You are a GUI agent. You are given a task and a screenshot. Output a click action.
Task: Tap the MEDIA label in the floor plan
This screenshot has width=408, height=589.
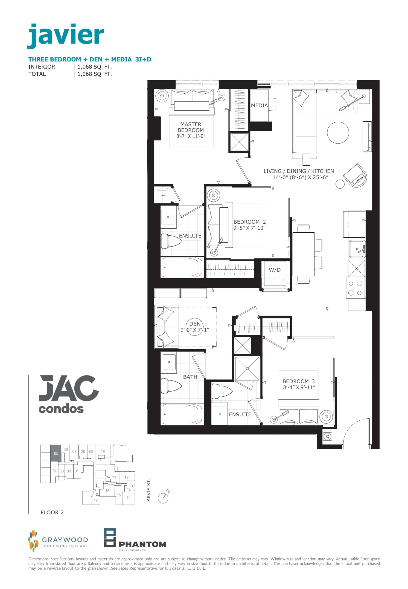pos(259,105)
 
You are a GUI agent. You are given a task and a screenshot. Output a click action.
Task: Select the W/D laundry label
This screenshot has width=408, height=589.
pos(274,270)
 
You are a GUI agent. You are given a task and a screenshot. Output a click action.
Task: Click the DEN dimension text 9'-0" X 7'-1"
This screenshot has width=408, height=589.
pos(195,330)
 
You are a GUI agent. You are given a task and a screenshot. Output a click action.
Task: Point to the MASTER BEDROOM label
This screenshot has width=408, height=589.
pos(191,127)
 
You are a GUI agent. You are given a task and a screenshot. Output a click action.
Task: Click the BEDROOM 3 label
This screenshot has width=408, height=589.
pos(298,381)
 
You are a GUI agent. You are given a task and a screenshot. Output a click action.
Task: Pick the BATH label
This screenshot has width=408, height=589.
pos(190,377)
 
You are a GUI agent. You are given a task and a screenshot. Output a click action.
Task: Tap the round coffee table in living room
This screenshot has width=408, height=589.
pos(338,133)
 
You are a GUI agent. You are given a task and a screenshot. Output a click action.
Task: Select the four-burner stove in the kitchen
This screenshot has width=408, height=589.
pos(355,288)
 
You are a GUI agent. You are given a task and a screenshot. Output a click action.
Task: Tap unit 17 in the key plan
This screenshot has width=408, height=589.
pos(96,500)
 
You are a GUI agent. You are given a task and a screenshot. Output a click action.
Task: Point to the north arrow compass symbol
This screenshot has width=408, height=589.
pos(163,497)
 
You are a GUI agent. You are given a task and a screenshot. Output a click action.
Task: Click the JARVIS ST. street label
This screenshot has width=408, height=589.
pos(149,491)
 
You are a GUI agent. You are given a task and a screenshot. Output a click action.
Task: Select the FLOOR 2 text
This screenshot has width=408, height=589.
pos(52,512)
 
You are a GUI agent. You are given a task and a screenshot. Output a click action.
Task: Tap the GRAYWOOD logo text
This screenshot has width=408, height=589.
pos(65,540)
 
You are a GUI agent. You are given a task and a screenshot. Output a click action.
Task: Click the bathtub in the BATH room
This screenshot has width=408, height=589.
pos(182,414)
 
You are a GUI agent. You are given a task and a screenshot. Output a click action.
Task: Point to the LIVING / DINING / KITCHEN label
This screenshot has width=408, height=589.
pos(298,171)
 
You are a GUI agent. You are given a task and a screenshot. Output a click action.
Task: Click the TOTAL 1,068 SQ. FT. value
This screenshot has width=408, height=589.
pos(95,74)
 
